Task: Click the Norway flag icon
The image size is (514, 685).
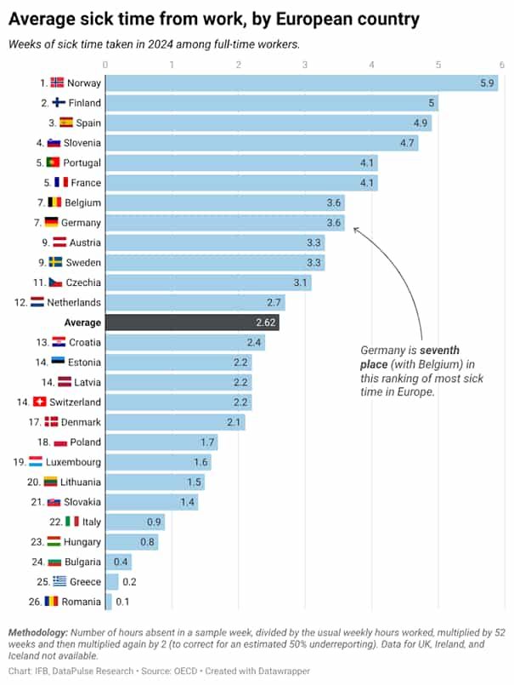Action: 57,83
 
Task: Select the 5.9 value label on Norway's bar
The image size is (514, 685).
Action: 487,83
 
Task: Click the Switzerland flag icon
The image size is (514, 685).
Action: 39,402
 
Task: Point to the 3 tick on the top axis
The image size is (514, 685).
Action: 305,64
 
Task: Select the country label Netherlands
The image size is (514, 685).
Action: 75,302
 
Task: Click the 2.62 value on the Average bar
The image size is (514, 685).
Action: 266,323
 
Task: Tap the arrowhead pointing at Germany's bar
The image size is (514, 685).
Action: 356,228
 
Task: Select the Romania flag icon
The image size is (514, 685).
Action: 52,602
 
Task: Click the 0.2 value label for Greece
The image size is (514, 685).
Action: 129,582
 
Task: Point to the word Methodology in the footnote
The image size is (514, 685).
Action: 37,633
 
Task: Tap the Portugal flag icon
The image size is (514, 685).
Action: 52,163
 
